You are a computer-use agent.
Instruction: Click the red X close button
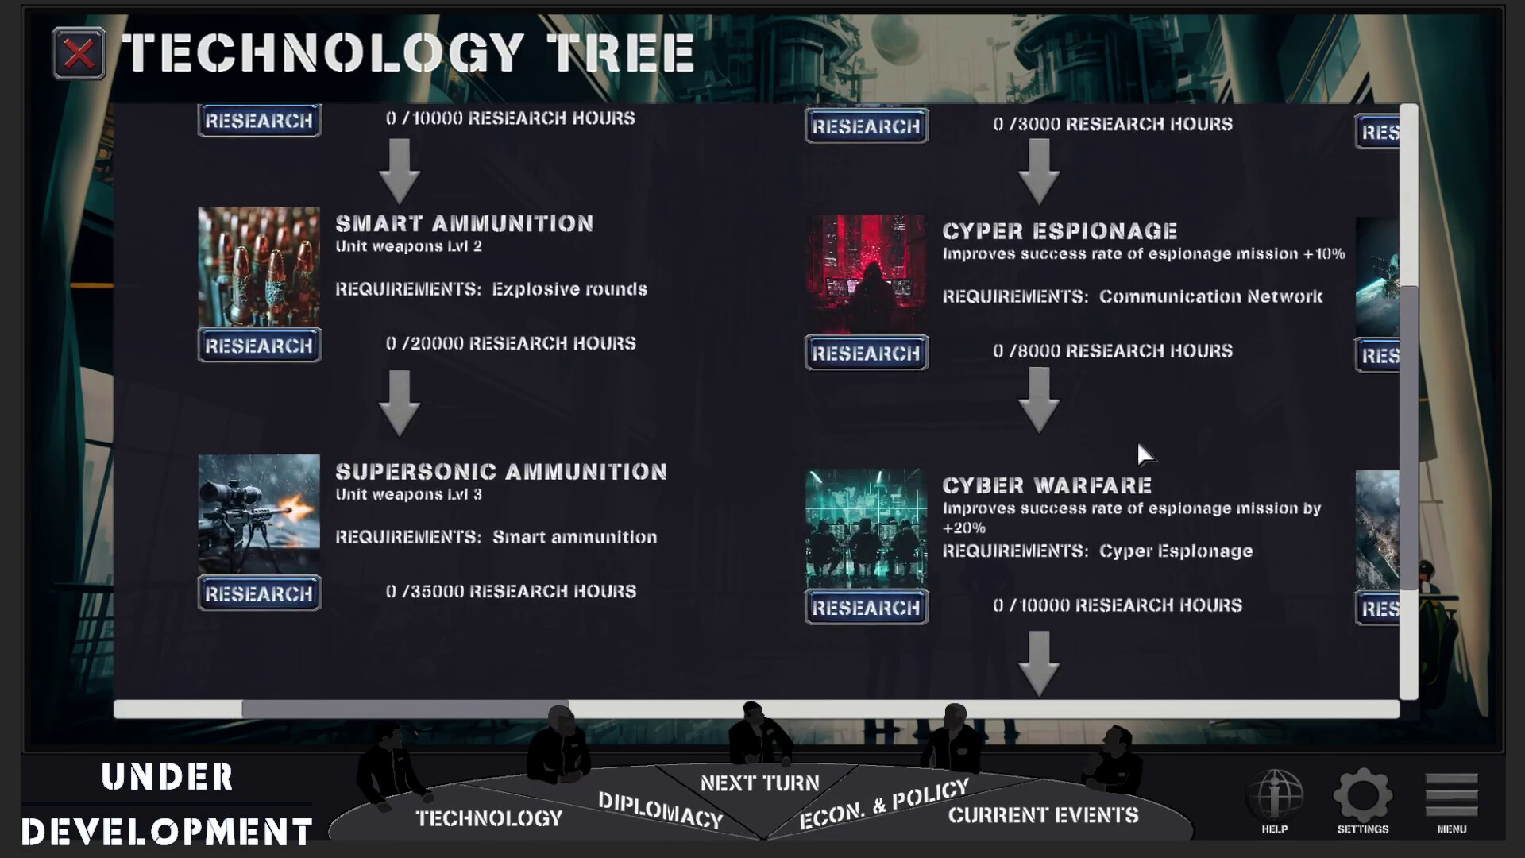coord(79,53)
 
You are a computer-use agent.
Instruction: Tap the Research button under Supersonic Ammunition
coord(259,593)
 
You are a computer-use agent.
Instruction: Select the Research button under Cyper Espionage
coord(866,353)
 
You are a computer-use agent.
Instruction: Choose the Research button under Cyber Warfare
coord(866,607)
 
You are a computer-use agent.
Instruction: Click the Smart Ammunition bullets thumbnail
coord(259,267)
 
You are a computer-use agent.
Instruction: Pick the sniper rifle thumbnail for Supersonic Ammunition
coord(259,515)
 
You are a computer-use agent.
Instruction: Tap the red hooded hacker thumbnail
coord(866,275)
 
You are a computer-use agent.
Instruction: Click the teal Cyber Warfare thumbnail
coord(866,529)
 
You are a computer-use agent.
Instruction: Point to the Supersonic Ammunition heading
coord(501,472)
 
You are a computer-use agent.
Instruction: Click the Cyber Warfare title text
coord(1047,485)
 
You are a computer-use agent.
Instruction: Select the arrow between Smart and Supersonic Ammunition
coord(400,404)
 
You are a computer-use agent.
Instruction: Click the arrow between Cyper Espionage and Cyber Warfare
coord(1039,400)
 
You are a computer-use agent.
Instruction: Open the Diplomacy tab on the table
coord(660,810)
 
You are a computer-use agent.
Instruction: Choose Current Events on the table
coord(1043,815)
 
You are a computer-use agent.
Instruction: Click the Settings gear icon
coord(1362,795)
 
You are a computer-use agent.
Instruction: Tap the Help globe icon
coord(1274,795)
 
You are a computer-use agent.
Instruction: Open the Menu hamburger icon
coord(1451,794)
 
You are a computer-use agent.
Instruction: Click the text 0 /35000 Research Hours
coord(511,591)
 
